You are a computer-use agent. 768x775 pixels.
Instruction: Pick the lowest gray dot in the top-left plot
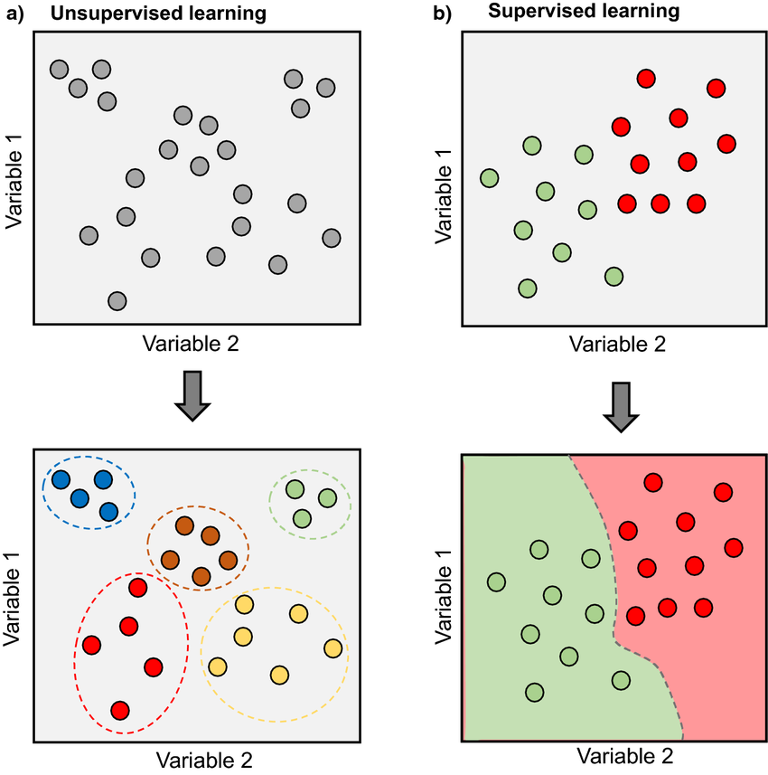(x=117, y=300)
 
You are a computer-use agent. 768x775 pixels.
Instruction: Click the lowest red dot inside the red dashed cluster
(x=120, y=709)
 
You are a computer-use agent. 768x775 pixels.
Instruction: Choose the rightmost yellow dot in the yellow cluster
(x=333, y=648)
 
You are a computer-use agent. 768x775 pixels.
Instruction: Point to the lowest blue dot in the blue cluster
(x=109, y=511)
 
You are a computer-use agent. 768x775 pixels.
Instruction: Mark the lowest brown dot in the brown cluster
(x=201, y=575)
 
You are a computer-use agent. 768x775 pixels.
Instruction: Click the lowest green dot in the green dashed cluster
(x=302, y=518)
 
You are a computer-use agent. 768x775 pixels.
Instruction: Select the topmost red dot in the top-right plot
(x=645, y=79)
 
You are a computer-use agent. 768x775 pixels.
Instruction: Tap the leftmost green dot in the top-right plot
(x=490, y=178)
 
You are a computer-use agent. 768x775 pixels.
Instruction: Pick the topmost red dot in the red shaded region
(x=652, y=483)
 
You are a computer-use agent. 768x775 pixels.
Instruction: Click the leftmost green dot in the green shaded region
(x=496, y=581)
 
